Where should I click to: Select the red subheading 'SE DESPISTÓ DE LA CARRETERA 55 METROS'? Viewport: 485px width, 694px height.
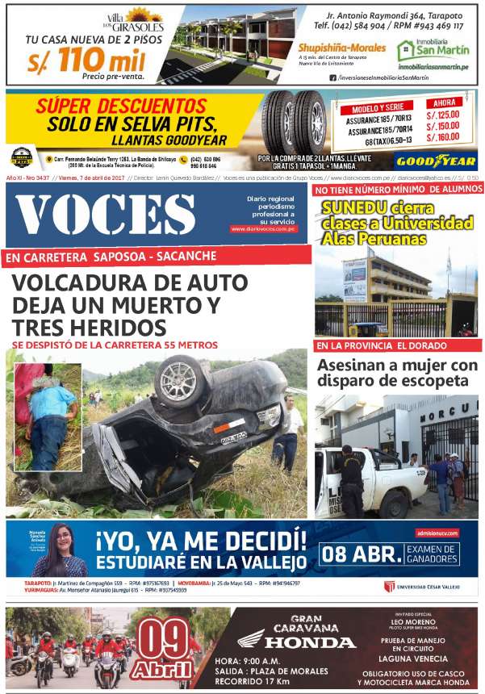(x=115, y=344)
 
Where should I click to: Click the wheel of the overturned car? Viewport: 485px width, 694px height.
(x=182, y=380)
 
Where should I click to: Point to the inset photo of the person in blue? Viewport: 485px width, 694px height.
(x=47, y=406)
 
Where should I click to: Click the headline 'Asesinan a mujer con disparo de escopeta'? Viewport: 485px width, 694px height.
(x=397, y=374)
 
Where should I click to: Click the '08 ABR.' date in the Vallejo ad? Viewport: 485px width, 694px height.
(x=358, y=554)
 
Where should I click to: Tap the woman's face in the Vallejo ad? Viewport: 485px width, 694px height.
(x=62, y=538)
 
